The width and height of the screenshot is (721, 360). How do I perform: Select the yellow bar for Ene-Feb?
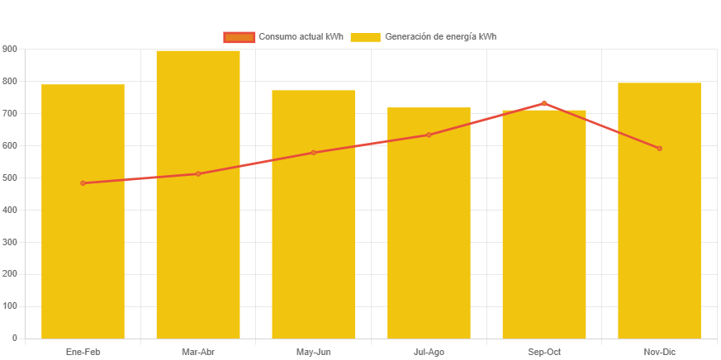pyautogui.click(x=83, y=248)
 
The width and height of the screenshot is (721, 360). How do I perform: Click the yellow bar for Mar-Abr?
pyautogui.click(x=198, y=248)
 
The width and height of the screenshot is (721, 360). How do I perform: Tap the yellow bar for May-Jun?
pyautogui.click(x=314, y=248)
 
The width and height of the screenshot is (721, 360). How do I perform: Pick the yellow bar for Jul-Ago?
pyautogui.click(x=429, y=248)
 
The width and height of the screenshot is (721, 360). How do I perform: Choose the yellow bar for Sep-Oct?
pyautogui.click(x=544, y=248)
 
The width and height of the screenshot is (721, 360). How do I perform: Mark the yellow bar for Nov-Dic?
pyautogui.click(x=659, y=248)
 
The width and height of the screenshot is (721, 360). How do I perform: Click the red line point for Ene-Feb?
pyautogui.click(x=83, y=183)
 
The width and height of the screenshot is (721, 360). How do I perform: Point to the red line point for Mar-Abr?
pyautogui.click(x=198, y=174)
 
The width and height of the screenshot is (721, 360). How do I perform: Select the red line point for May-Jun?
pyautogui.click(x=314, y=153)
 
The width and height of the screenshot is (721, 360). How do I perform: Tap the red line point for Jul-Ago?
pyautogui.click(x=429, y=135)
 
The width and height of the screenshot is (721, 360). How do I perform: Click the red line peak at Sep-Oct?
pyautogui.click(x=544, y=103)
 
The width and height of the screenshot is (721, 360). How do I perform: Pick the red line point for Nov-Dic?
pyautogui.click(x=659, y=149)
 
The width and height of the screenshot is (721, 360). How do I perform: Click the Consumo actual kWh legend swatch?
pyautogui.click(x=239, y=37)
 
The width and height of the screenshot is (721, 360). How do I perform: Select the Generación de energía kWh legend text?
pyautogui.click(x=440, y=37)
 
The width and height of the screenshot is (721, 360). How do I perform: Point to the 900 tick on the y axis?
pyautogui.click(x=10, y=50)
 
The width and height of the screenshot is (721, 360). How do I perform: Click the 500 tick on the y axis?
pyautogui.click(x=10, y=178)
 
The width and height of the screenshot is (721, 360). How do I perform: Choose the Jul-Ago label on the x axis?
pyautogui.click(x=429, y=352)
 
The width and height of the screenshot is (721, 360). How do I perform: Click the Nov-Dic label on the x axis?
pyautogui.click(x=659, y=352)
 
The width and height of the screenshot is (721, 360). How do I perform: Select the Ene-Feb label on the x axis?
pyautogui.click(x=83, y=352)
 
